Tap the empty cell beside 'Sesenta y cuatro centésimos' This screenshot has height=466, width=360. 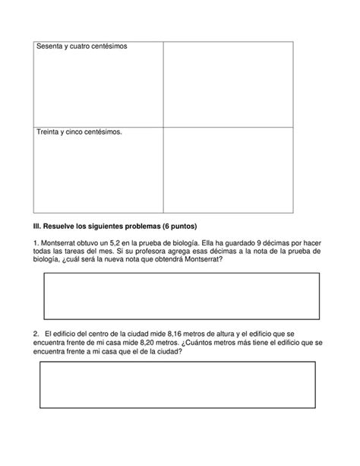click(228, 83)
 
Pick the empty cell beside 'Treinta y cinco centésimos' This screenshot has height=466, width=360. click(228, 169)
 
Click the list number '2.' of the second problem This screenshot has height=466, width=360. click(36, 334)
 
